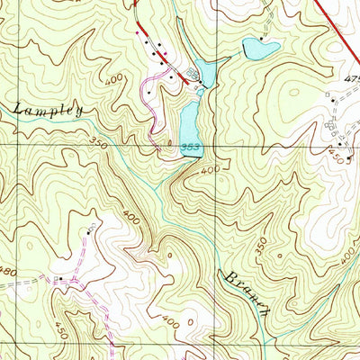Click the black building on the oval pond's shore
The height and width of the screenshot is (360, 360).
[261, 39]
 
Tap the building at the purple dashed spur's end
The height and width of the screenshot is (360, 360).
[89, 232]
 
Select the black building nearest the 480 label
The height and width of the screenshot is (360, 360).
[59, 280]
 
